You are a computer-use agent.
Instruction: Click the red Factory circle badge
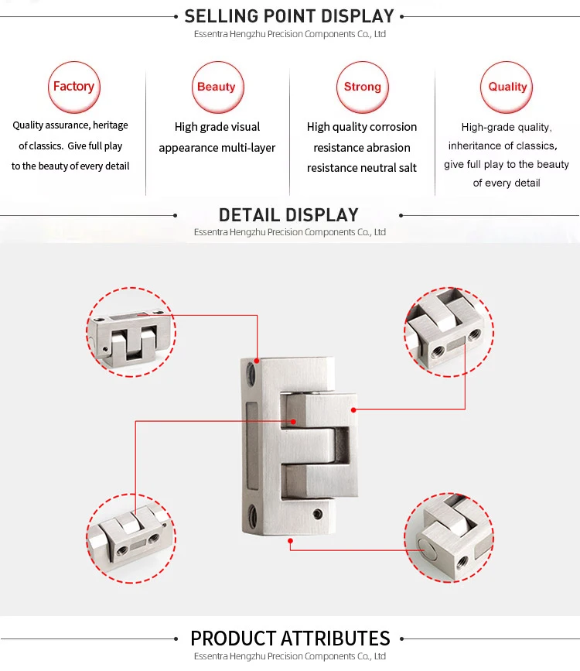[73, 87]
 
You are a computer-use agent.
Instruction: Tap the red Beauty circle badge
[217, 87]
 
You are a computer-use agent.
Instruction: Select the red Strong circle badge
[362, 87]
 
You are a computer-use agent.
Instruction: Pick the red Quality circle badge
[507, 87]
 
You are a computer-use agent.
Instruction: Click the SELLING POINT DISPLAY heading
[289, 16]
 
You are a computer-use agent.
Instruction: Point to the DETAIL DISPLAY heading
[288, 215]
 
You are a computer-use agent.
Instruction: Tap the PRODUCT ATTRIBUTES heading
[290, 638]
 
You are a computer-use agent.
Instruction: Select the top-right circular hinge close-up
[449, 332]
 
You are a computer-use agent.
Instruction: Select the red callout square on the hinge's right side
[353, 409]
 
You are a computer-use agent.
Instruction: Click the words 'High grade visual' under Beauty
[217, 127]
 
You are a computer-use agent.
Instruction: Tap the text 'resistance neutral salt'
[361, 168]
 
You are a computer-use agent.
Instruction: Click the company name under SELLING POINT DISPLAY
[290, 34]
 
